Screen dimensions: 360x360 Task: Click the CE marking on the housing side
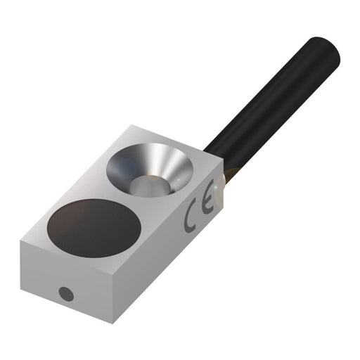[x=195, y=214]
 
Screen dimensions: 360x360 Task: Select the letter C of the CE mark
[x=189, y=219]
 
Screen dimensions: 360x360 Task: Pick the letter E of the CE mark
[x=202, y=209]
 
